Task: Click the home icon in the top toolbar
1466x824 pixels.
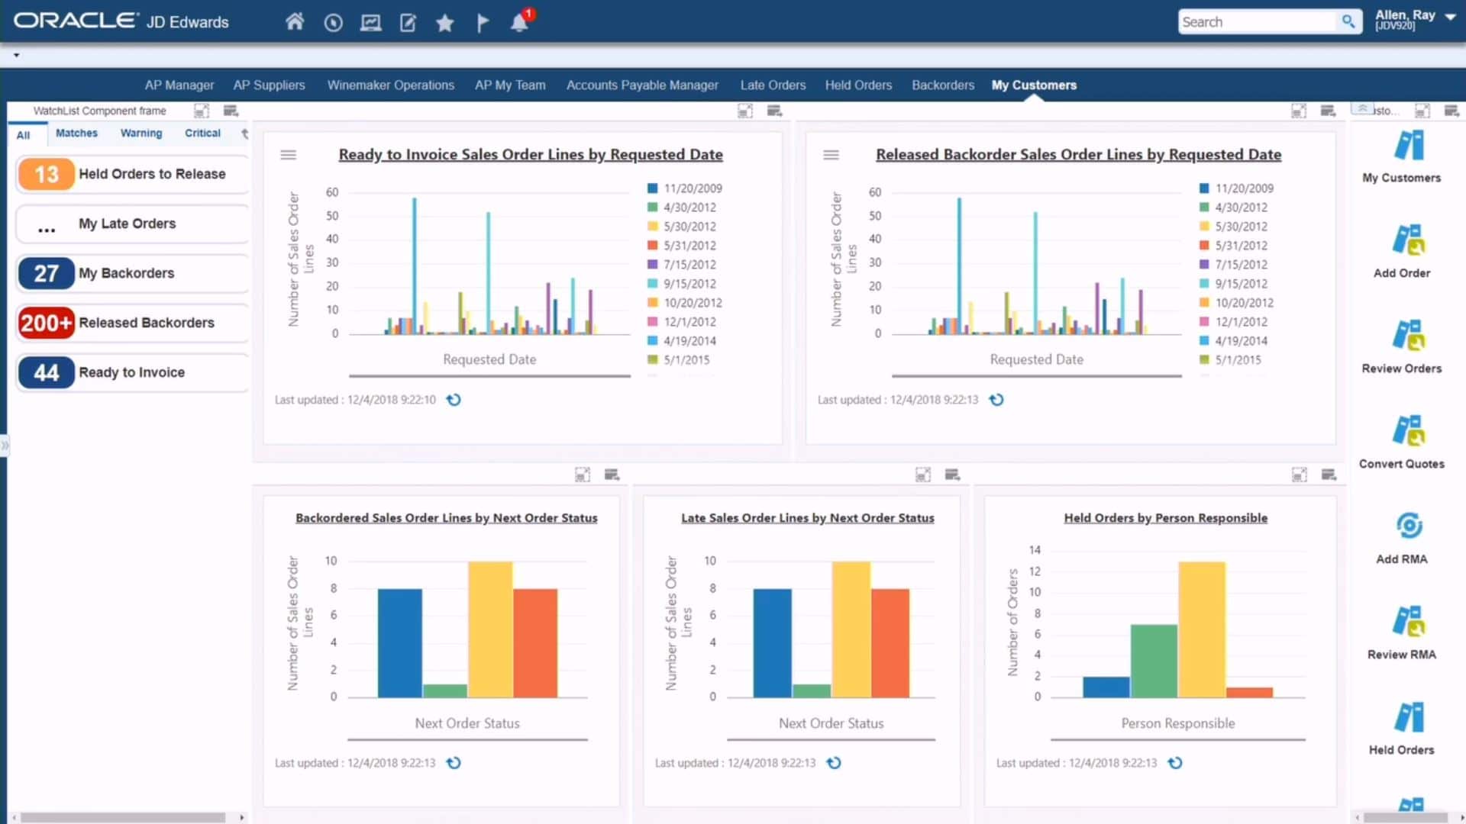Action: tap(295, 22)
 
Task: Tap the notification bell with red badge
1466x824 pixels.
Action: tap(519, 22)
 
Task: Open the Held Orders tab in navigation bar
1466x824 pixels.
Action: tap(858, 85)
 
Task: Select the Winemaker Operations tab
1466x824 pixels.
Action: tap(390, 85)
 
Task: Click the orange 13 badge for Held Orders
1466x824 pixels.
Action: tap(46, 174)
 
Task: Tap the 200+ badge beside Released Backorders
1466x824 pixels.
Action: tap(46, 323)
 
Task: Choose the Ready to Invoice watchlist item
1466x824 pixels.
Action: tap(131, 372)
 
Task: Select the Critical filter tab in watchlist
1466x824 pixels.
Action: tap(202, 133)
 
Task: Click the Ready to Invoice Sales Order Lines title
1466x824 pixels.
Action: tap(531, 154)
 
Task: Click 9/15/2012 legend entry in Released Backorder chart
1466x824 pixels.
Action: tap(1241, 284)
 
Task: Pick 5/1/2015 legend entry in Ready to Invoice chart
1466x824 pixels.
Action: tap(686, 360)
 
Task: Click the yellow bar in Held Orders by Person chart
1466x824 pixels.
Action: tap(1201, 629)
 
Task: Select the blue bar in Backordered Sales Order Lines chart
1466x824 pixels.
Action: tap(399, 642)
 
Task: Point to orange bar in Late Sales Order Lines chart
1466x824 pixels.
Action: tap(890, 642)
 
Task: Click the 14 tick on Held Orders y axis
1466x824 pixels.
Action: tap(1035, 550)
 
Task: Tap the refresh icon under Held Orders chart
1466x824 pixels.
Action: tap(1175, 763)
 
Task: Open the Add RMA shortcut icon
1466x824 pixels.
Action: tap(1409, 526)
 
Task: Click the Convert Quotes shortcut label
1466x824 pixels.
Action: tap(1401, 464)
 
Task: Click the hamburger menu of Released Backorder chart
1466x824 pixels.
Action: tap(831, 155)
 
